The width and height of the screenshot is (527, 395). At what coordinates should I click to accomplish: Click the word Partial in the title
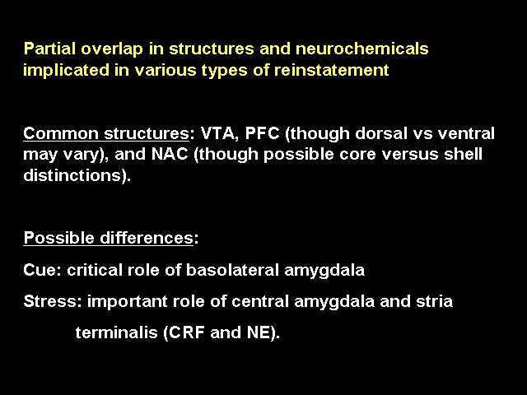[49, 49]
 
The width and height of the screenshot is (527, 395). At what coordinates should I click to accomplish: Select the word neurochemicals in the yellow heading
[362, 49]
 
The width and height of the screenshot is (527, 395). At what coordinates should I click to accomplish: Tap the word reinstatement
[331, 70]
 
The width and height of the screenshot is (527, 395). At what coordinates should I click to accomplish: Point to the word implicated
[66, 71]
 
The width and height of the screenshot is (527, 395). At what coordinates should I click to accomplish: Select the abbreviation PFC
[262, 133]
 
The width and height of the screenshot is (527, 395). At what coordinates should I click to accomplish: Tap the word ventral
[466, 133]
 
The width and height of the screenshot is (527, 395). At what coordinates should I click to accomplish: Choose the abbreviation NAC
[170, 154]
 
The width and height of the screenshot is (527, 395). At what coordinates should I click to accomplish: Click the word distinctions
[72, 175]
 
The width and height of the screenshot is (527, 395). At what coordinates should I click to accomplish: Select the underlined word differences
[147, 238]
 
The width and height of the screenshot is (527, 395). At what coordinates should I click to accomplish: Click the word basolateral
[232, 270]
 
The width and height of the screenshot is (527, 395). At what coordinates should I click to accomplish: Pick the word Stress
[50, 301]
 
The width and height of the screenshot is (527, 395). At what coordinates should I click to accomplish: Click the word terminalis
[116, 332]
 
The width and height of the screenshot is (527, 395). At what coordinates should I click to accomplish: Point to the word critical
[95, 270]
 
